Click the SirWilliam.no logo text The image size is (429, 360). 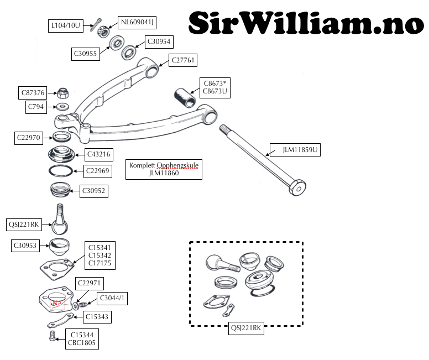(x=306, y=23)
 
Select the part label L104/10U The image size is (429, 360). (x=66, y=26)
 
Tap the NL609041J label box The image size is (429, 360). (x=137, y=22)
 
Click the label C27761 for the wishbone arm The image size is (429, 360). (x=183, y=60)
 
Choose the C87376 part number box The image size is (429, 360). (x=33, y=93)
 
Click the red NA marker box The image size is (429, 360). (x=57, y=304)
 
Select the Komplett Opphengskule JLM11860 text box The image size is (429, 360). (x=164, y=169)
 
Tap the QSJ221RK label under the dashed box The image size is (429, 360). (x=246, y=328)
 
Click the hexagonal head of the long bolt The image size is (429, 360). (x=297, y=187)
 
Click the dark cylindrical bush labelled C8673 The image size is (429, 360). (x=185, y=98)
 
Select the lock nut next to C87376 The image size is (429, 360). (x=63, y=93)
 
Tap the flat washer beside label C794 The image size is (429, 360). (x=62, y=106)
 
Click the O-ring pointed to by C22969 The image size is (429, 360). (x=61, y=171)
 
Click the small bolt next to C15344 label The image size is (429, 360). (x=53, y=336)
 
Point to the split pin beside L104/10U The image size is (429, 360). (x=96, y=25)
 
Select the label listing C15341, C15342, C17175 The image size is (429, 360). (x=100, y=255)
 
